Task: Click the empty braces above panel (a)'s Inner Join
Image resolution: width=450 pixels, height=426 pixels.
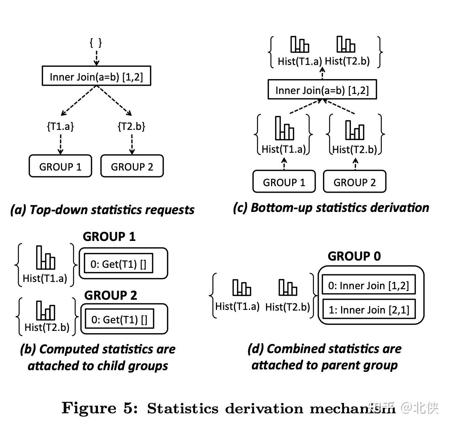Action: pos(96,43)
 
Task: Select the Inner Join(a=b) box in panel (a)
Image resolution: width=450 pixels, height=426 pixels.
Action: pos(96,76)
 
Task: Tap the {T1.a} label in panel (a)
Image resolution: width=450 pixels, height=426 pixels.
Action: pos(60,126)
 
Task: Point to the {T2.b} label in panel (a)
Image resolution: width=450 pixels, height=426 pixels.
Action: pos(131,126)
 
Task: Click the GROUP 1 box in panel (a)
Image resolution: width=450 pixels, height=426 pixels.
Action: pos(60,167)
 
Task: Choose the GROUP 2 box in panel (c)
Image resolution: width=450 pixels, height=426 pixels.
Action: pos(355,182)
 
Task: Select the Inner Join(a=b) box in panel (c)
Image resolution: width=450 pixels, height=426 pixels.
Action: pos(322,90)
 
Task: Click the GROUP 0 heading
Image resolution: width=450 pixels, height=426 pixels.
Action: pos(354,256)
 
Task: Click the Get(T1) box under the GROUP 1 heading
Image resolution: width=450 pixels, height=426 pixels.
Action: pos(118,264)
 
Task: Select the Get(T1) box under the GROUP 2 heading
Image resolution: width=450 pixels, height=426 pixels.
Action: pos(119,319)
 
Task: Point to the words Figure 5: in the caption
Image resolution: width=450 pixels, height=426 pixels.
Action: pos(99,408)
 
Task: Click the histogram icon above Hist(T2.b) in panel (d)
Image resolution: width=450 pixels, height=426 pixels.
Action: pos(288,287)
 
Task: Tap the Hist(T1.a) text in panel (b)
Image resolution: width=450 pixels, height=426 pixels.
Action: pos(45,278)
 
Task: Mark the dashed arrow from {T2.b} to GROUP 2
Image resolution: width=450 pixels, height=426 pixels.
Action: pos(132,144)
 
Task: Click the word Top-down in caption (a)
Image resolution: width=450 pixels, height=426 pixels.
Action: pos(58,210)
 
